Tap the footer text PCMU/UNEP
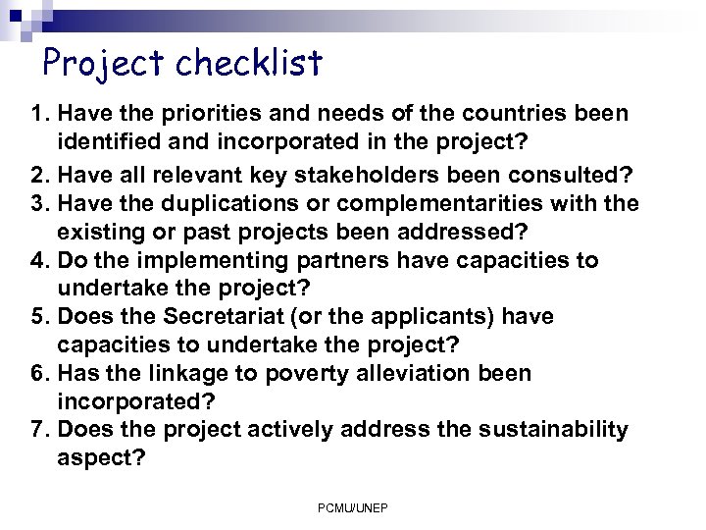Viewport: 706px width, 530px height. coord(353,508)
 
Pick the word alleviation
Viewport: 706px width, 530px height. coord(409,374)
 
